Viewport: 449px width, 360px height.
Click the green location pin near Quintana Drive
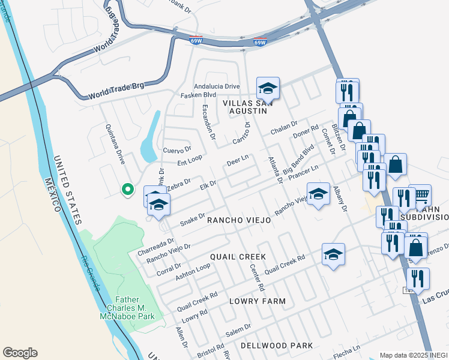[x=127, y=190]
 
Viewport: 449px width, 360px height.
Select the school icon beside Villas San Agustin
[x=267, y=89]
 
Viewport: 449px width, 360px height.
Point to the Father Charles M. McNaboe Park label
[x=135, y=308]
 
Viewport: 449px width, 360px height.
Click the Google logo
[x=20, y=353]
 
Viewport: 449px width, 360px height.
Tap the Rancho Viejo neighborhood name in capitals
[x=239, y=220]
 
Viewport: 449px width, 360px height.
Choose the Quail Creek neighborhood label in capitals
[x=238, y=256]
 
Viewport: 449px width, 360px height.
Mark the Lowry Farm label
[x=260, y=301]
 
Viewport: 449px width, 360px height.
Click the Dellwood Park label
[x=277, y=346]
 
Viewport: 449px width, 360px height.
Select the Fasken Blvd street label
[x=198, y=95]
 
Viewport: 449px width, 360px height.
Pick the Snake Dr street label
[x=193, y=218]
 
